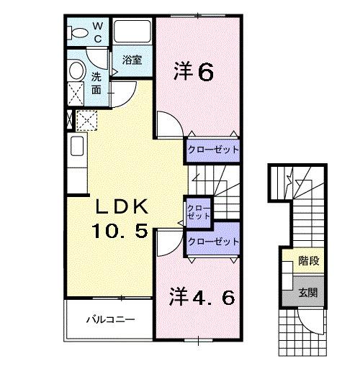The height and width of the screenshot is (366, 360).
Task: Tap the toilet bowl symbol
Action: point(76,32)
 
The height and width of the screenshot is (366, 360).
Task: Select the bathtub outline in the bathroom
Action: point(132,33)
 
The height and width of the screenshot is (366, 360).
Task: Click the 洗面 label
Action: point(96,83)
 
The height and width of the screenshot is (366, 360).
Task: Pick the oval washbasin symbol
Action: point(76,70)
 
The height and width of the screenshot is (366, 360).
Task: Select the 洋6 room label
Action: point(194,72)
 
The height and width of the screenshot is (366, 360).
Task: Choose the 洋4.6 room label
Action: point(202,296)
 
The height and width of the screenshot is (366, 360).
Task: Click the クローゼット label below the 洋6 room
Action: point(213,150)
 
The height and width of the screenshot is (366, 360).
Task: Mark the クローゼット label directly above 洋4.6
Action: point(212,242)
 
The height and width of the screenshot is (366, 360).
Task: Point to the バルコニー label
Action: point(108,319)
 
